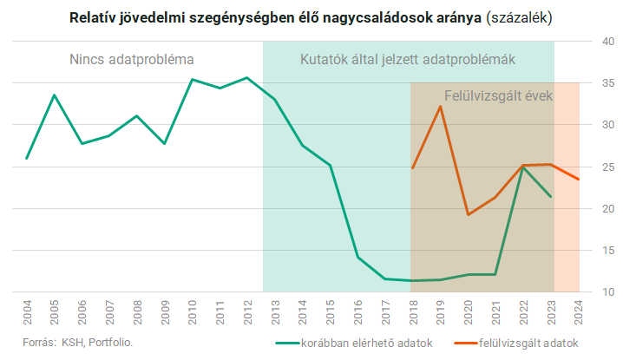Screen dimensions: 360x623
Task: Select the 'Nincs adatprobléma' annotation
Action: pos(131,60)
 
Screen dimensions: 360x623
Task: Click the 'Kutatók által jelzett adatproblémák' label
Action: pos(408,60)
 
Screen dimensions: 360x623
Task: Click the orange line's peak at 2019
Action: pos(441,107)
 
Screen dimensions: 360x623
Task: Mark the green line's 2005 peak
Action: pos(55,95)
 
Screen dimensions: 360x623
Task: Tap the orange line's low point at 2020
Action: pos(469,214)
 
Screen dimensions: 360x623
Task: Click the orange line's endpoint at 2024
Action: pos(579,180)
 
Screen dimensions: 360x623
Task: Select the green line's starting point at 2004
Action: pos(27,158)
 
